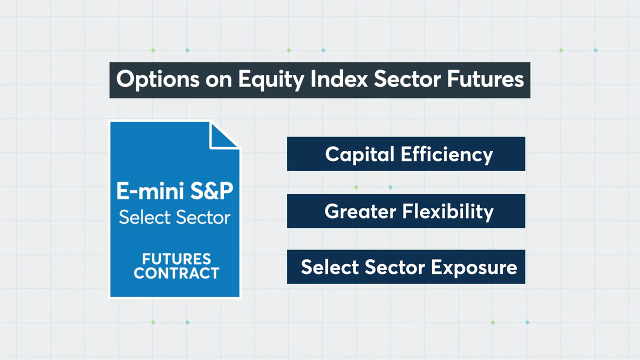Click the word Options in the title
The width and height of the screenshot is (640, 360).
click(157, 79)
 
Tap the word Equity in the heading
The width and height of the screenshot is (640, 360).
click(271, 79)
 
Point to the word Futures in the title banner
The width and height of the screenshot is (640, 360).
click(485, 79)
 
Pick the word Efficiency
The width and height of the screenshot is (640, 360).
click(447, 154)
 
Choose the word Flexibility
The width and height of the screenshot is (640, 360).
click(448, 211)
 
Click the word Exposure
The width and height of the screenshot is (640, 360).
click(474, 267)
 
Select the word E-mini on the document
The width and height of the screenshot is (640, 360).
click(150, 191)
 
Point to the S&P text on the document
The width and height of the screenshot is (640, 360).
click(211, 191)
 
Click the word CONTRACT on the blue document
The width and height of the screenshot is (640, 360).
click(176, 273)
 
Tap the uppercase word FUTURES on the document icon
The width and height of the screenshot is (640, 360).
click(176, 259)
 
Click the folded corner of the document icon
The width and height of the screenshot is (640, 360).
click(224, 135)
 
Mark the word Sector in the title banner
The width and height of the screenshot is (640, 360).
click(407, 79)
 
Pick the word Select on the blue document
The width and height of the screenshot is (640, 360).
click(144, 217)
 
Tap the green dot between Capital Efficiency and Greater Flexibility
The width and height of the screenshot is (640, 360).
click(356, 187)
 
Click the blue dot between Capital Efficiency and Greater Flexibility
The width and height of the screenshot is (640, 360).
click(390, 187)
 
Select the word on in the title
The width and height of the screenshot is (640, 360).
click(218, 80)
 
